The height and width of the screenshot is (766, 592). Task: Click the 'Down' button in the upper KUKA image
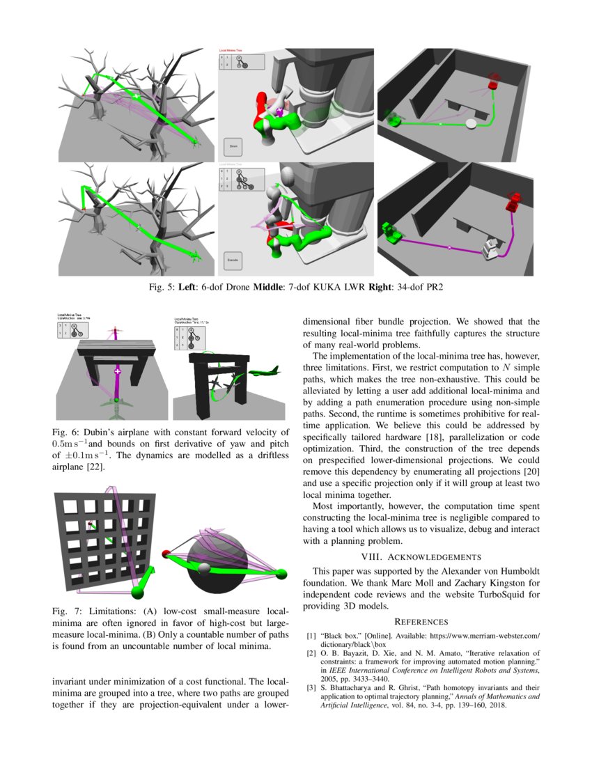tap(233, 148)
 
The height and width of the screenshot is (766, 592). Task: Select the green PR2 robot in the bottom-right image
tap(390, 231)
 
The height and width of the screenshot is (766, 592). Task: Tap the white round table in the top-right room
tap(472, 124)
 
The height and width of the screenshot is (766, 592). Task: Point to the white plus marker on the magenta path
tap(117, 374)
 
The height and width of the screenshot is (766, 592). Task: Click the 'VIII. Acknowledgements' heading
tap(421, 556)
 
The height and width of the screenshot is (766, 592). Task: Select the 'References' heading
tap(421, 621)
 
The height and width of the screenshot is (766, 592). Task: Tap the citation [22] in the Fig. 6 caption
tap(95, 467)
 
